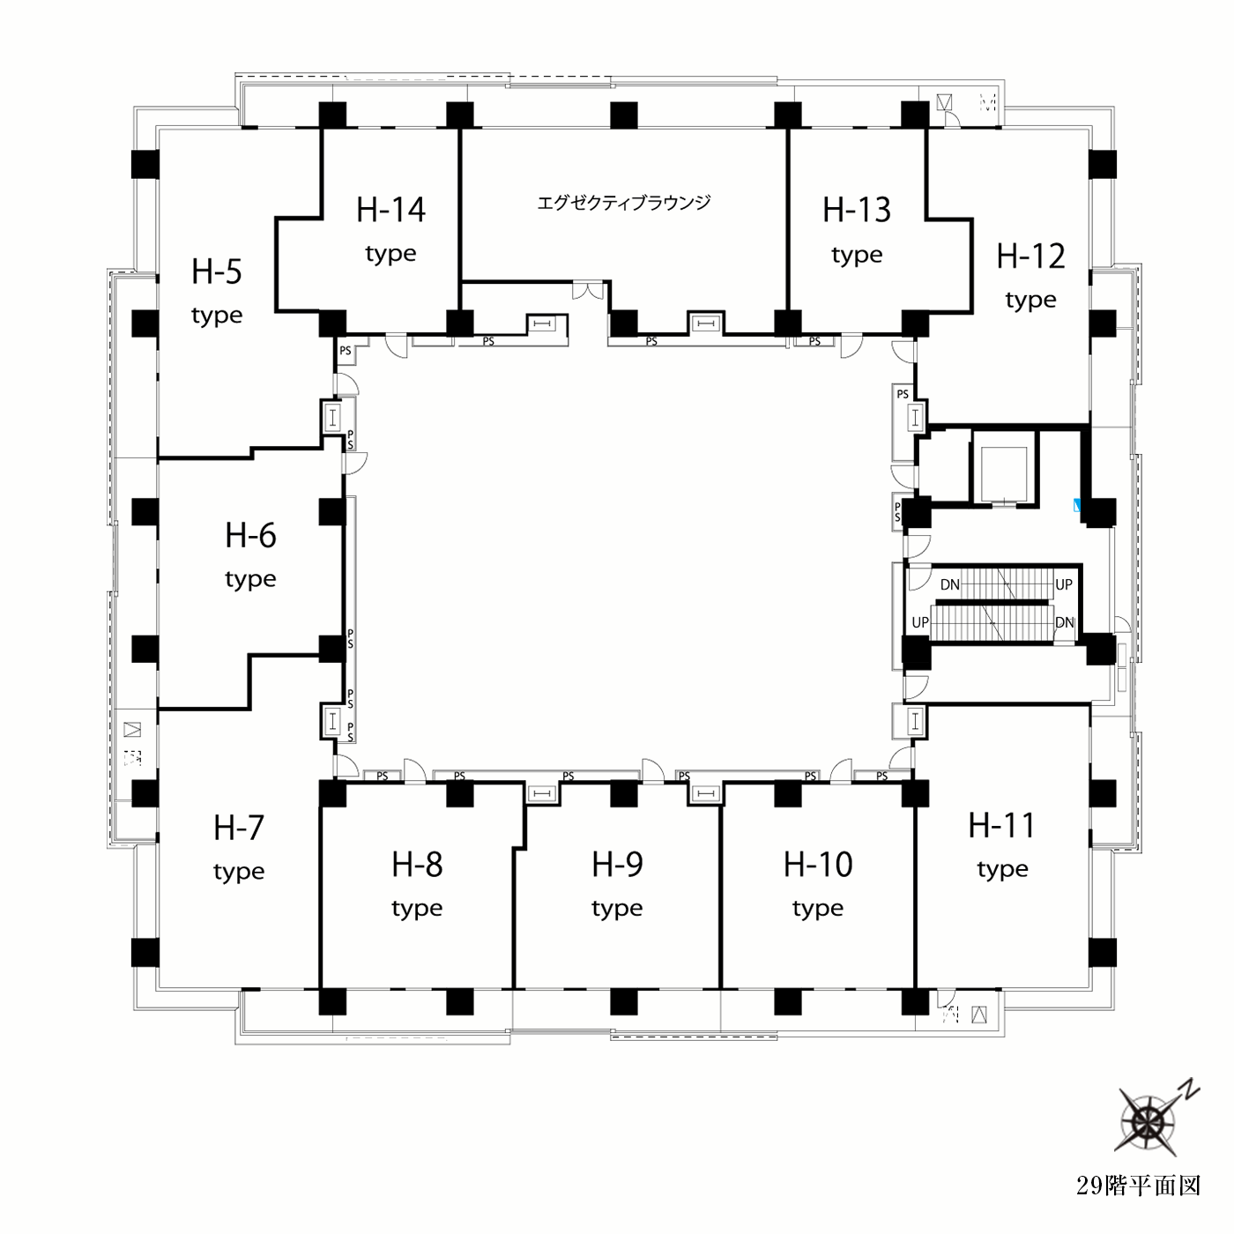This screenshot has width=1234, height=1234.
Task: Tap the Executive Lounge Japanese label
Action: coord(624,203)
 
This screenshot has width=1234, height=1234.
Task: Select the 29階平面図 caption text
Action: coord(1138,1186)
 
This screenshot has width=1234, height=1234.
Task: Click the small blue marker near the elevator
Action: coord(1077,505)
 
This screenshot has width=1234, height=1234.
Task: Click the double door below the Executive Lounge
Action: coord(588,290)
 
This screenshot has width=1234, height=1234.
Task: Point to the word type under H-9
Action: coord(617,909)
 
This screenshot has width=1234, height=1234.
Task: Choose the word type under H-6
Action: coord(250,579)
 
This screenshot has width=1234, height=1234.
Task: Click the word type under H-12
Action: coord(1031,301)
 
